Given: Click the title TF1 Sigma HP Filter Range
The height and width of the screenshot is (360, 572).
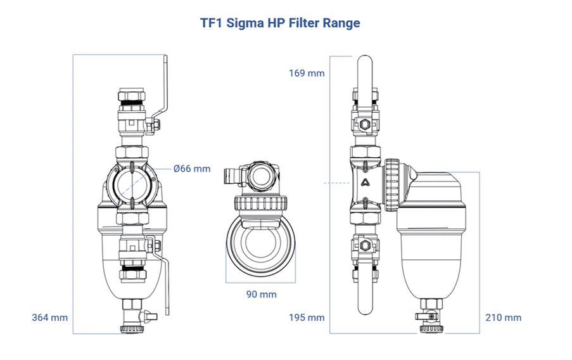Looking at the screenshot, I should [x=280, y=23].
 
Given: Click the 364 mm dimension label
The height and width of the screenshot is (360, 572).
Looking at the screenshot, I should [x=49, y=317].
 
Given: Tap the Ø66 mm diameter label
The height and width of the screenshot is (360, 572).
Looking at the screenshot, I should [x=192, y=169].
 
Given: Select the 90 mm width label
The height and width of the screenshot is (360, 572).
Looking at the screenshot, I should [x=261, y=294].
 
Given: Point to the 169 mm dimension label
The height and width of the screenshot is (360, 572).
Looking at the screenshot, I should [x=307, y=73].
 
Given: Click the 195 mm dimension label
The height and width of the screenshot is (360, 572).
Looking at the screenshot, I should [x=307, y=317].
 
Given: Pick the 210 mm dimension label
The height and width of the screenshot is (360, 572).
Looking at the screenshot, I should [x=504, y=317].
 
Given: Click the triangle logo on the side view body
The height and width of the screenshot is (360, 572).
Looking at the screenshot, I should [x=366, y=184].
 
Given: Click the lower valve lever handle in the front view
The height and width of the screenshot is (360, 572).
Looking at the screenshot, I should [x=166, y=279].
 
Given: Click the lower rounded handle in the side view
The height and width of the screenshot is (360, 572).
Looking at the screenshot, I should [x=365, y=298].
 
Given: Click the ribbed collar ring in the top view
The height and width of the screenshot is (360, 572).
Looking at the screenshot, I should [x=261, y=205].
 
